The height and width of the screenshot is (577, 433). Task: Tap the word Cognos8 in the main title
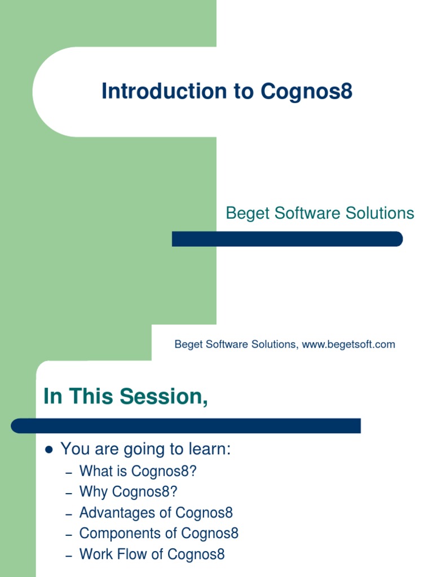coord(307,91)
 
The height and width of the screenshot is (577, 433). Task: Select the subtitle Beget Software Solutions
coord(320,213)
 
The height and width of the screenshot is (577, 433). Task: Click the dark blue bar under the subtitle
coord(287,239)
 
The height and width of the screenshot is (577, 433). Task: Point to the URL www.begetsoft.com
coord(348,344)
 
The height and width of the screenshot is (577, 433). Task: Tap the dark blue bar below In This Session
coord(186,425)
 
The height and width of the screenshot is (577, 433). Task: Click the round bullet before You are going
coord(48,450)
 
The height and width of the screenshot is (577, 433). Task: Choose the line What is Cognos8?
coord(138,471)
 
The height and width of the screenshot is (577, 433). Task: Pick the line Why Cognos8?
coord(128,492)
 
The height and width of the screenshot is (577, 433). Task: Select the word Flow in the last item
coord(132,554)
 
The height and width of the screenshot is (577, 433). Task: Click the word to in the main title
coord(244,91)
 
